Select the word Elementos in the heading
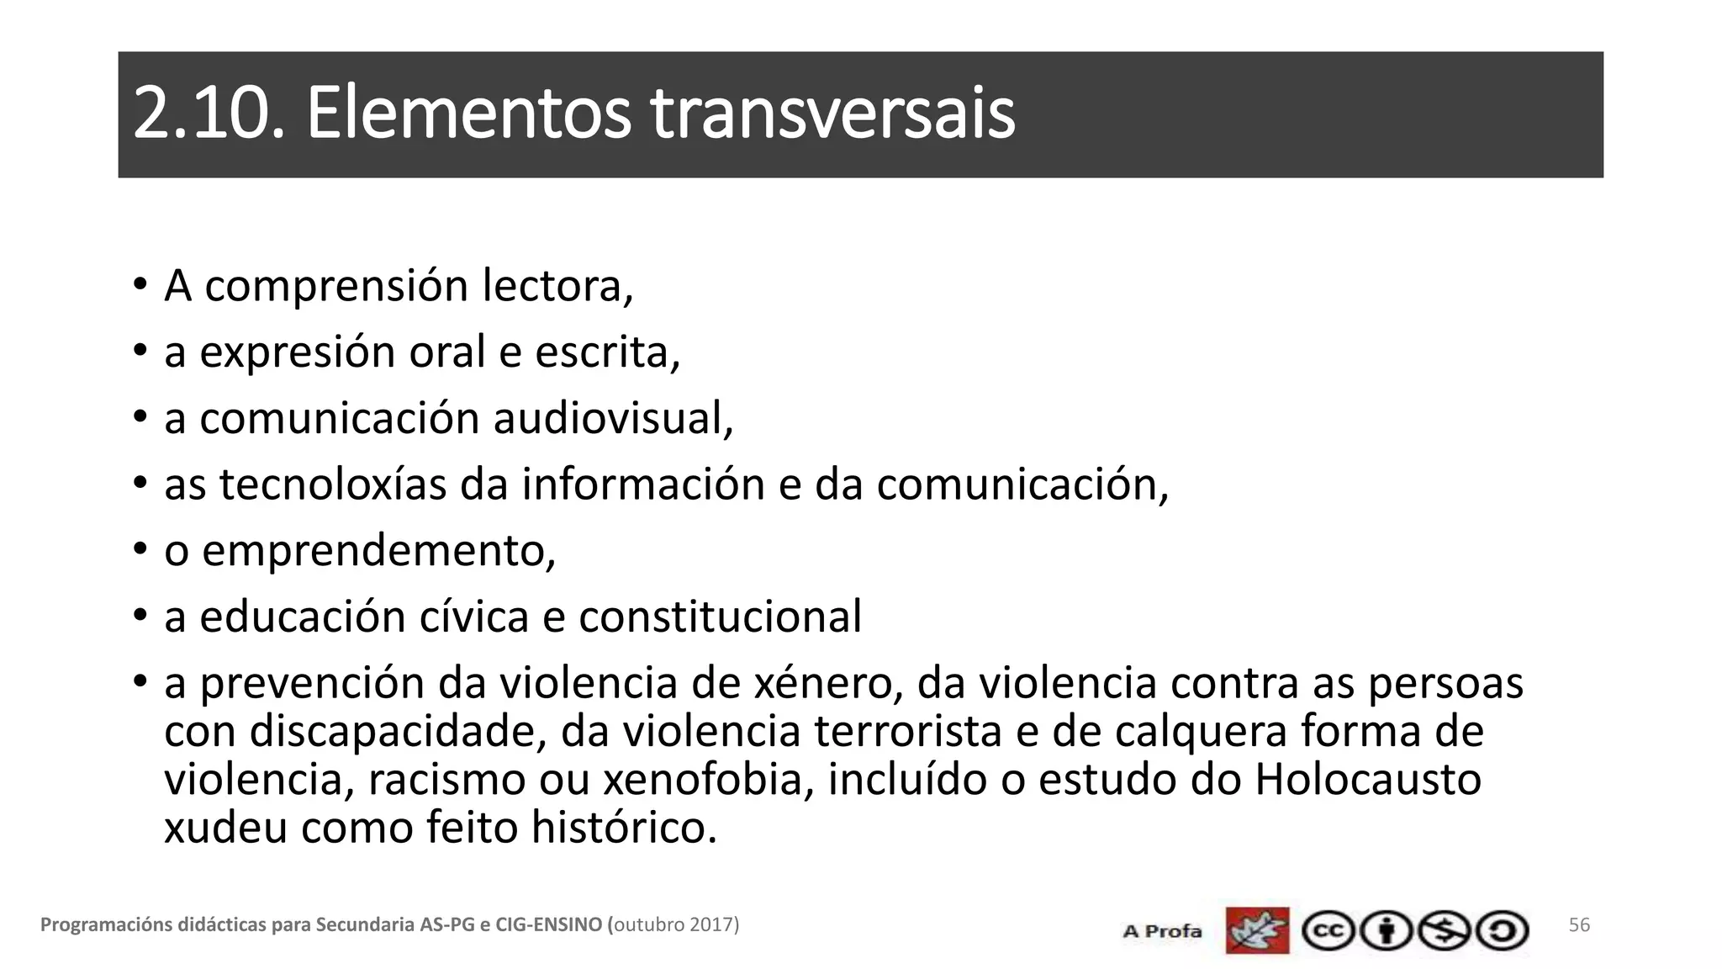467,114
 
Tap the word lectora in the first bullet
557,286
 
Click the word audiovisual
612,418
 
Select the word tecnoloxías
333,484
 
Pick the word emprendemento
378,551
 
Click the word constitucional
720,617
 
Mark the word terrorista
908,731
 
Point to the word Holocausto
1367,780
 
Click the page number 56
1579,925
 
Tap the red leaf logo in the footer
1257,930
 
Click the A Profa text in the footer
1162,931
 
